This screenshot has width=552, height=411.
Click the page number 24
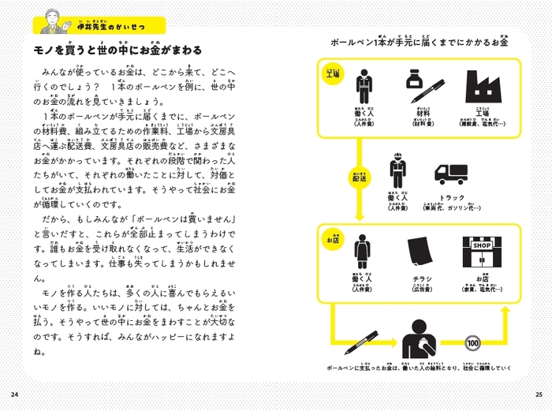(13, 394)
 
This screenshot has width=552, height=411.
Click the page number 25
(538, 394)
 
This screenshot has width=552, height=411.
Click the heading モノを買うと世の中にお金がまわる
(118, 50)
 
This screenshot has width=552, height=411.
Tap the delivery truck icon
(452, 174)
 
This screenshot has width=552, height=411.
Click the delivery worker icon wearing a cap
(396, 174)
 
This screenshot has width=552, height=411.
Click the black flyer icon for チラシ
(418, 253)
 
